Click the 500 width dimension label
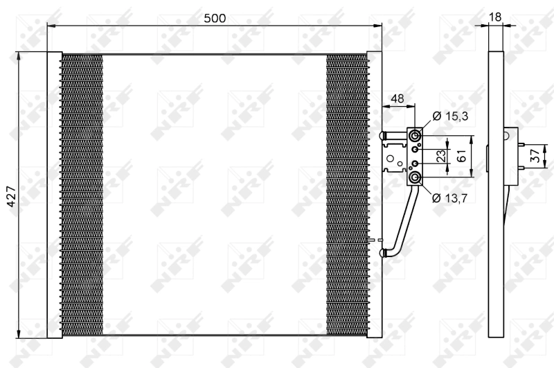click(215, 19)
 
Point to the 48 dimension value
click(397, 98)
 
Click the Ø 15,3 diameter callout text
click(450, 116)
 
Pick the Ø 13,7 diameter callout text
click(450, 198)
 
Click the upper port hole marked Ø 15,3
click(415, 135)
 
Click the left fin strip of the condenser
click(81, 195)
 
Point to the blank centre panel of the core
click(214, 195)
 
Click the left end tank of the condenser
click(54, 195)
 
